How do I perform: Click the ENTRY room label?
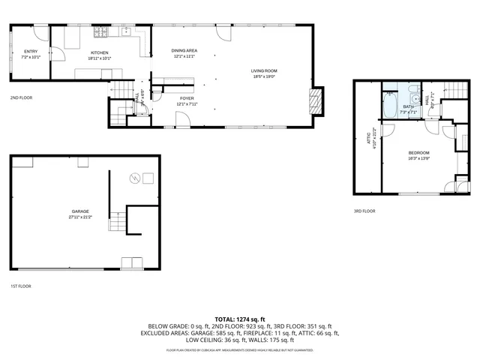pyautogui.click(x=31, y=51)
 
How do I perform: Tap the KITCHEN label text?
pyautogui.click(x=100, y=51)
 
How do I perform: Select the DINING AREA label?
pyautogui.click(x=184, y=50)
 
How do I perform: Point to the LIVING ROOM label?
pyautogui.click(x=263, y=70)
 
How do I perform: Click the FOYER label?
pyautogui.click(x=187, y=98)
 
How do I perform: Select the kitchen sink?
pyautogui.click(x=127, y=32)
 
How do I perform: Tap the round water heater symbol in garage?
pyautogui.click(x=135, y=178)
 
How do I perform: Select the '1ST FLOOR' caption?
pyautogui.click(x=20, y=286)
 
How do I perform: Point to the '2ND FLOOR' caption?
pyautogui.click(x=20, y=97)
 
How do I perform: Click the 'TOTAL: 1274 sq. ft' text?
pyautogui.click(x=240, y=319)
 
